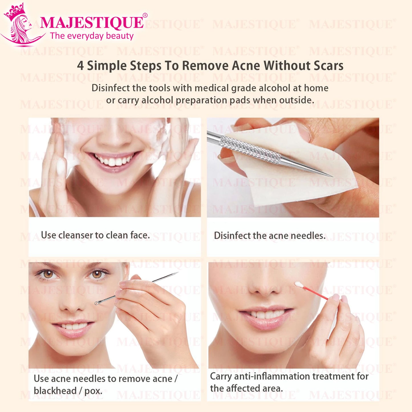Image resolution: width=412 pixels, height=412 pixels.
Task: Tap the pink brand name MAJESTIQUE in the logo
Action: point(92,23)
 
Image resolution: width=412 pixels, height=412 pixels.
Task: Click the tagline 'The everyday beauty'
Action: point(92,36)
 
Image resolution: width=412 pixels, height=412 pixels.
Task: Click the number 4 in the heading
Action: point(80,66)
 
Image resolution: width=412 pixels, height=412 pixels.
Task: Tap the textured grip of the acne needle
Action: point(250,149)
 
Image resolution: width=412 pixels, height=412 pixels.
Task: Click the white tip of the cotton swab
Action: point(299,285)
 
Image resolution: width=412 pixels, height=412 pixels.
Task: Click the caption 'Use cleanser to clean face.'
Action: point(95,235)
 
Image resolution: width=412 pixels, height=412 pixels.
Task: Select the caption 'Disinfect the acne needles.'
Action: point(270,236)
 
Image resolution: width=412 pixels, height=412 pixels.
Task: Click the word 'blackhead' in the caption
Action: point(55,391)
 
